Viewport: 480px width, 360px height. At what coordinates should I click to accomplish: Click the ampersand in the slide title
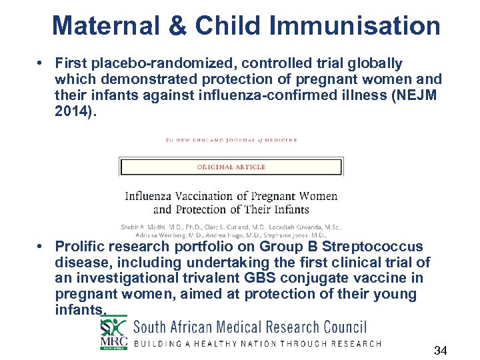[x=175, y=27]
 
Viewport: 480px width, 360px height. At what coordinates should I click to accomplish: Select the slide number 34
[x=440, y=351]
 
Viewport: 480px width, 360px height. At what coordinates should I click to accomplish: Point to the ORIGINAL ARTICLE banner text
[x=231, y=167]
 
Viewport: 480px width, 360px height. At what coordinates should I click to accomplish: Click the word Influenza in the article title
[x=156, y=196]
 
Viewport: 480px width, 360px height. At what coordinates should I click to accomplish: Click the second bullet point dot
[x=41, y=247]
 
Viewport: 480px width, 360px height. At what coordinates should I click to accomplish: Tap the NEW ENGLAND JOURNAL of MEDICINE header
[x=231, y=140]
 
